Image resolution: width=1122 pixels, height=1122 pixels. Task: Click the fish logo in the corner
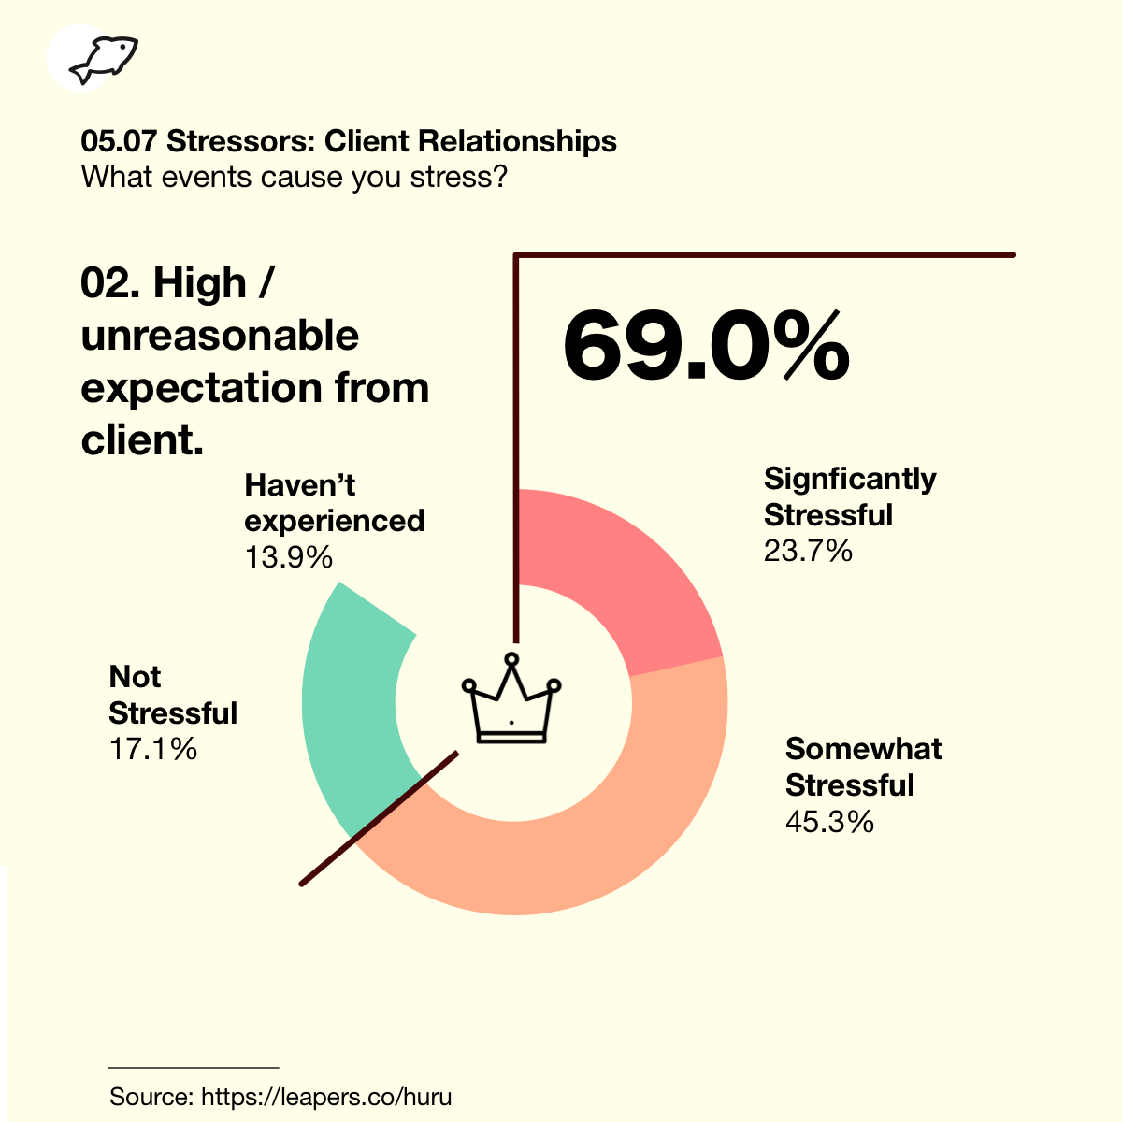coord(103,60)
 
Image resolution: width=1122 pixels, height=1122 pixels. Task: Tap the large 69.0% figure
coord(706,345)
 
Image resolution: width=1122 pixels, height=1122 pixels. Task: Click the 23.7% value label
coord(808,551)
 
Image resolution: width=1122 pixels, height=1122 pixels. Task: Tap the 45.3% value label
coord(829,821)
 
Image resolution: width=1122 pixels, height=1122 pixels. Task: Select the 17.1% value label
coord(153,749)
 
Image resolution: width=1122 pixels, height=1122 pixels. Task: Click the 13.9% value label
coord(289,557)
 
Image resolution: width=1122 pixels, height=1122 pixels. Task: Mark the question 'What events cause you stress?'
coord(294,176)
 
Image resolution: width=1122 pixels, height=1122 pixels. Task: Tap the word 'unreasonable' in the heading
coord(220,336)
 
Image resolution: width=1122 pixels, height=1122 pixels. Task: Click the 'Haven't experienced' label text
coord(334,503)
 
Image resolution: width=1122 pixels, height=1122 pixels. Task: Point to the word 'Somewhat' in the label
coord(863,749)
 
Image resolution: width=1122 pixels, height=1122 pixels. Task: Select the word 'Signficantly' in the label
coord(849,479)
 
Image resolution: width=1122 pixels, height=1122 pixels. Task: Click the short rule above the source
coord(194,1067)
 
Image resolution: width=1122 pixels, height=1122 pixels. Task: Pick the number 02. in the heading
coord(111,283)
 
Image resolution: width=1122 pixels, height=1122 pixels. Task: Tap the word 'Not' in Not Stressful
coord(135,677)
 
